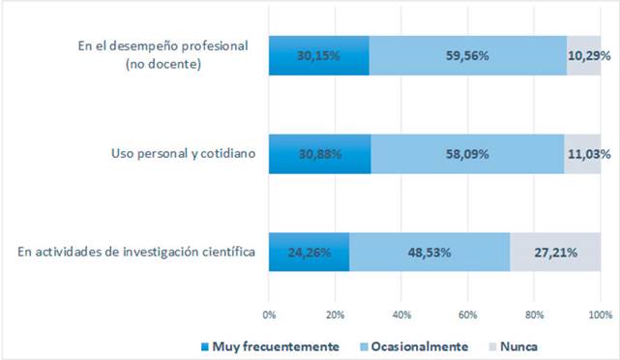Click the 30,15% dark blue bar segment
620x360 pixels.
[x=319, y=55]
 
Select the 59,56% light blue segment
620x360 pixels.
[x=468, y=55]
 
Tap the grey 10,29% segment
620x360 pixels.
[x=583, y=55]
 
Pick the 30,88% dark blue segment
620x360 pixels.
[x=320, y=154]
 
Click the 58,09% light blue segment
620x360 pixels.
[x=468, y=154]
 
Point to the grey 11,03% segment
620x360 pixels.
[x=582, y=154]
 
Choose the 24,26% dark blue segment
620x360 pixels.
[x=310, y=252]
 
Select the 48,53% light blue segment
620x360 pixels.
[x=429, y=252]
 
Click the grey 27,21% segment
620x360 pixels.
[x=555, y=252]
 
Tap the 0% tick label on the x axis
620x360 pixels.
[x=269, y=315]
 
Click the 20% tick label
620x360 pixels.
[x=336, y=315]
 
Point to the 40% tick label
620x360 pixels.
[x=401, y=315]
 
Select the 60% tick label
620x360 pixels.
[x=468, y=315]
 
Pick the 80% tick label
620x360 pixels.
[x=534, y=315]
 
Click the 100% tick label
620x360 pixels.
[x=601, y=315]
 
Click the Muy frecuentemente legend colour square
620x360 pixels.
[x=205, y=347]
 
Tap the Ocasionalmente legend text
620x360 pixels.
[x=420, y=346]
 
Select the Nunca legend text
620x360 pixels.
[x=518, y=346]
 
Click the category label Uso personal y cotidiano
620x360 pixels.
[x=183, y=153]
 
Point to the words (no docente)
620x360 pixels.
[x=163, y=64]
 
